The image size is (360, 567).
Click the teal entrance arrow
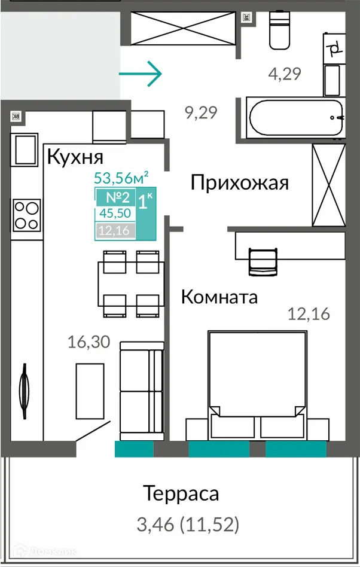coord(141,74)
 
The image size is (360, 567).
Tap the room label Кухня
coord(75,157)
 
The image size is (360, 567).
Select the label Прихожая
coord(240,182)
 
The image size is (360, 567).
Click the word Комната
coord(219,297)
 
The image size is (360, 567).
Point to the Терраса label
coord(181,494)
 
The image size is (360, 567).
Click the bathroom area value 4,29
coord(284,74)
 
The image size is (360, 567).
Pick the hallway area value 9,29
coord(200,112)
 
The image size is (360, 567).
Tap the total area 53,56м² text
coord(121,177)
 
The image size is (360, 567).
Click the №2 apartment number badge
coord(115,198)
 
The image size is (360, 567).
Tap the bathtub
coord(295,118)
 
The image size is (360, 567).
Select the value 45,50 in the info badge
coord(114,215)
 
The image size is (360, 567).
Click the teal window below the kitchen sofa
coord(134,449)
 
